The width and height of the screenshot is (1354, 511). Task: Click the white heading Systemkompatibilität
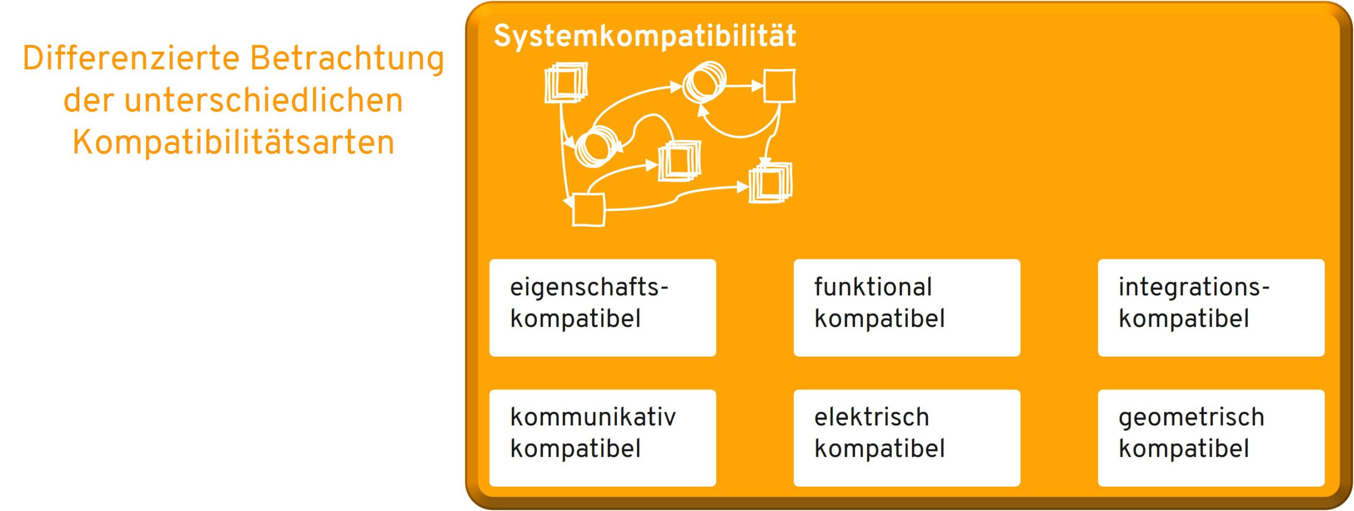coord(644,36)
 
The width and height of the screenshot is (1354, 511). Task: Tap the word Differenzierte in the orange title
coord(131,58)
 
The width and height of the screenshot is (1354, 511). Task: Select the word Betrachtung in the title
coord(347,58)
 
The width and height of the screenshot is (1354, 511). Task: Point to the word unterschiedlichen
coord(263,100)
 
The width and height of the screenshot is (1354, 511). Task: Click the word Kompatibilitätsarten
coord(233,142)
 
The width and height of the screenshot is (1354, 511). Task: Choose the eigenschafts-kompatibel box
coord(602,308)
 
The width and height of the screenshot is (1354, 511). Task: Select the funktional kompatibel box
coord(907,308)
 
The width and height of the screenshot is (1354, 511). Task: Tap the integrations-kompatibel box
coord(1211,308)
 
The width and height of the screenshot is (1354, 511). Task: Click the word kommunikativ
coord(593,417)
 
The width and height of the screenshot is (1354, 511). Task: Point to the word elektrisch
coord(872,417)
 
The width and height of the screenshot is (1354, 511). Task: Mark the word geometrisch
coord(1191,417)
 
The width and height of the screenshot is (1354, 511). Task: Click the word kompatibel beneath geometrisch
coord(1184,449)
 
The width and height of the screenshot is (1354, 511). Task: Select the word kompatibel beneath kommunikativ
coord(575,449)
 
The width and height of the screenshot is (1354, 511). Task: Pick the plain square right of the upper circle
coord(780,86)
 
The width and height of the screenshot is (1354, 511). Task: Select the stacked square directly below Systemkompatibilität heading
coord(566,83)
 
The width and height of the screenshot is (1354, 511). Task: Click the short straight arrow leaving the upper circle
coord(745,85)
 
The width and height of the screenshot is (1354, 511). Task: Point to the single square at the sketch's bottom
coord(589,210)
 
